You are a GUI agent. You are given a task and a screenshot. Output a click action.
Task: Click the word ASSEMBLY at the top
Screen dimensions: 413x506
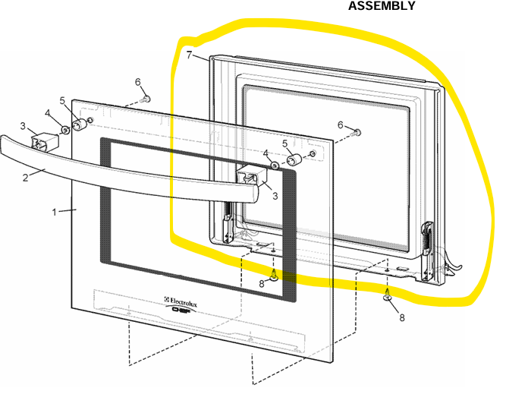tap(382, 6)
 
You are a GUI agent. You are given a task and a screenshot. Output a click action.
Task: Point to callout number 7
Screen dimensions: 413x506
tap(189, 55)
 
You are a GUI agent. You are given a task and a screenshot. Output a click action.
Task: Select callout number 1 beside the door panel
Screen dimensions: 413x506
tap(55, 212)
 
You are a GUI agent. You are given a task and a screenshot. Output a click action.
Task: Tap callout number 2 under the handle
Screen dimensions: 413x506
tap(25, 178)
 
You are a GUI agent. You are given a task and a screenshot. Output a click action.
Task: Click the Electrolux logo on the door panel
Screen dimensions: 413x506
tap(187, 301)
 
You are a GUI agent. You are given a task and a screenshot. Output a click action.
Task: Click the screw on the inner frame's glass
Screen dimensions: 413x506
tap(358, 133)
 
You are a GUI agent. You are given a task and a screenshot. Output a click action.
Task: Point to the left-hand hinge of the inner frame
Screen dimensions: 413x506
tap(228, 225)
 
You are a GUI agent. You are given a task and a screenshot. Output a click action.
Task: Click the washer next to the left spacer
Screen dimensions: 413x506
tap(64, 130)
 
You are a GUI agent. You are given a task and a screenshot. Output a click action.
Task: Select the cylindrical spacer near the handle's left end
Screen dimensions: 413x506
tap(79, 124)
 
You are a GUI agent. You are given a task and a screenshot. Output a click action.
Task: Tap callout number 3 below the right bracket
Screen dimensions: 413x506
tap(275, 195)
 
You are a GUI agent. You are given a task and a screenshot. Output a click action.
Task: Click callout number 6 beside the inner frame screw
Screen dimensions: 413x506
tap(341, 125)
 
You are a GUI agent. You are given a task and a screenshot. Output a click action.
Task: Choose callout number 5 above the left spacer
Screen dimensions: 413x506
tap(64, 100)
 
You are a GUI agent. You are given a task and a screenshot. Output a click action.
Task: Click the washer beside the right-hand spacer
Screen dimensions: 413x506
tap(275, 164)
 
